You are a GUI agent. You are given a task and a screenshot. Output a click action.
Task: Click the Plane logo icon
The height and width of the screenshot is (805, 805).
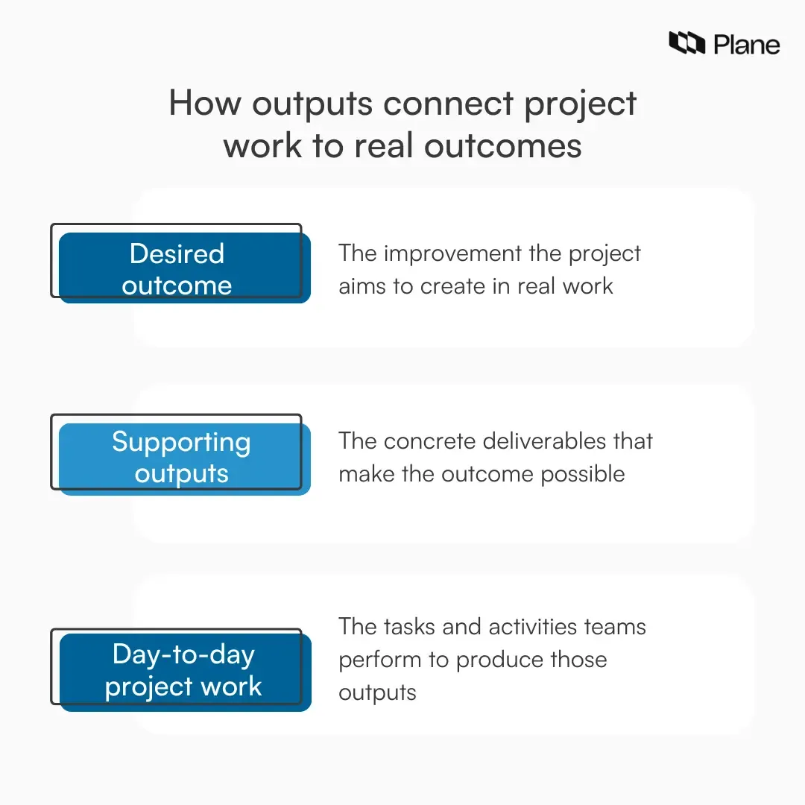pyautogui.click(x=686, y=43)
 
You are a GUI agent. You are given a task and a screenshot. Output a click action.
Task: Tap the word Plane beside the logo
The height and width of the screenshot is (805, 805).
pyautogui.click(x=746, y=45)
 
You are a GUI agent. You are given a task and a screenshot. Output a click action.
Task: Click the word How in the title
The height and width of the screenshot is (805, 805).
pyautogui.click(x=203, y=103)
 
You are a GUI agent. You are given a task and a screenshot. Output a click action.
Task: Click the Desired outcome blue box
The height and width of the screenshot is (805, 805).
pyautogui.click(x=184, y=268)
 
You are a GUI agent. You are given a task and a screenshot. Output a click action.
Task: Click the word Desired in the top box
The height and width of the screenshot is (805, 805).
pyautogui.click(x=177, y=253)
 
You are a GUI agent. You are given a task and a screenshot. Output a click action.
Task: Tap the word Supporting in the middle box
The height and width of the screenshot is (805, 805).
pyautogui.click(x=181, y=442)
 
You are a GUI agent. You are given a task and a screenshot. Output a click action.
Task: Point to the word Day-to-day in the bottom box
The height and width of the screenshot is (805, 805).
pyautogui.click(x=183, y=654)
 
